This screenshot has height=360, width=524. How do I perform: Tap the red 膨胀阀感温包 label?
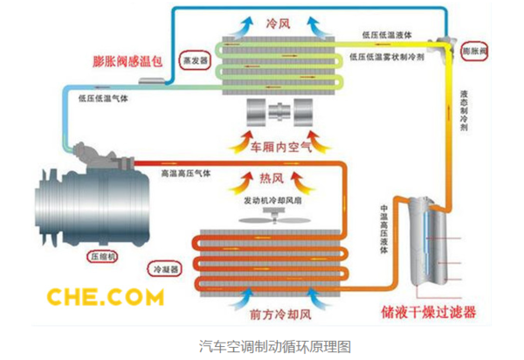[x=131, y=62]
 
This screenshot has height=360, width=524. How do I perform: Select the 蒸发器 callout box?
[x=196, y=62]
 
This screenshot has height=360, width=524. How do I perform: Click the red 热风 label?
[x=273, y=179]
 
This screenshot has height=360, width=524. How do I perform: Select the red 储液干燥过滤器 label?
[x=431, y=311]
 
